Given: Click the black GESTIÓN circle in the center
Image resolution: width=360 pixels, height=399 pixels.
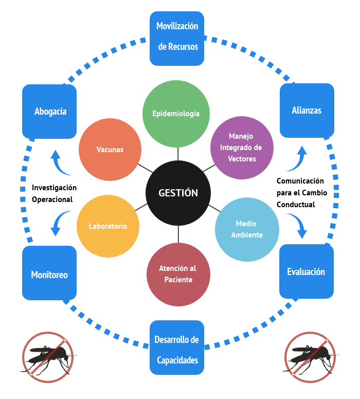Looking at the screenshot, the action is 178,193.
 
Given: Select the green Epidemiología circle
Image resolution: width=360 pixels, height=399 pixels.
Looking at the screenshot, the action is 176,114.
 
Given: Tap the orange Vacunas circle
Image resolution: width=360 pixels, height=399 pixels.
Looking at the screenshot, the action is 110,150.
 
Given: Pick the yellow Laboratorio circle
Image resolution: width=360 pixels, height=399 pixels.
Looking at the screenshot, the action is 108,226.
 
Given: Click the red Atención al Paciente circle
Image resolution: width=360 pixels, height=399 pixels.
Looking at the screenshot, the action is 178,275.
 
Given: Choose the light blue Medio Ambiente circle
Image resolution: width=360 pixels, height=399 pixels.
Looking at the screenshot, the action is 247,229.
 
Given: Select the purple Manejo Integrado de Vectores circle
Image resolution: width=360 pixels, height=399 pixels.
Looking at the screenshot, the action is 242,148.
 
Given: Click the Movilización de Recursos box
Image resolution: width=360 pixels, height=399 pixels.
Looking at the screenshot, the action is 177,39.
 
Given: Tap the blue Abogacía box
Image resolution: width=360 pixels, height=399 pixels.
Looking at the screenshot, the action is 49,112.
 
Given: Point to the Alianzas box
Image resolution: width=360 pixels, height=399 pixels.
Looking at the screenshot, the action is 307,111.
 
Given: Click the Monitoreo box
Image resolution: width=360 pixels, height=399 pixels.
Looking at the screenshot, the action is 49,273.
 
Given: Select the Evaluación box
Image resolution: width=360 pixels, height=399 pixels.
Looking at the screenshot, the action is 307,271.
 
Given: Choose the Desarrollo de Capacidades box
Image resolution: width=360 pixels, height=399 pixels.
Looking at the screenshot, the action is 177,348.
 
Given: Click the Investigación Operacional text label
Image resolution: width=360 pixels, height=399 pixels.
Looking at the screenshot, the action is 54,193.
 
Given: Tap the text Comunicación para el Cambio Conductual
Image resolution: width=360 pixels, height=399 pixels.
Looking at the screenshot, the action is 302,193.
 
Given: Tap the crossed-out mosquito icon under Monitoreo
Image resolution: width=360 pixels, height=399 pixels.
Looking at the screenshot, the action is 48,357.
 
